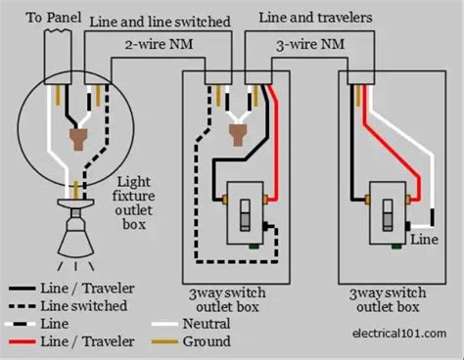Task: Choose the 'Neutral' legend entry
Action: (x=207, y=322)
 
